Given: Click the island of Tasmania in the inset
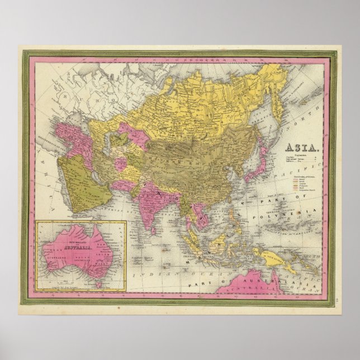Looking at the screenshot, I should tap(95, 284).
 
